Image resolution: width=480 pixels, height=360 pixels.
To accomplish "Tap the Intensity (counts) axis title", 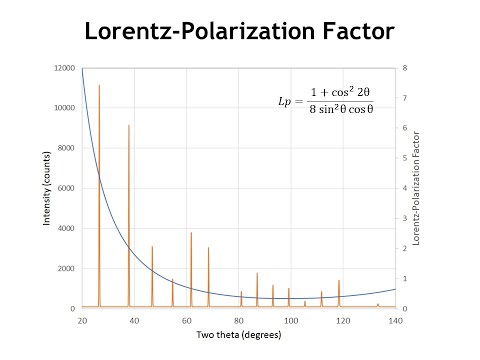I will click(x=46, y=188).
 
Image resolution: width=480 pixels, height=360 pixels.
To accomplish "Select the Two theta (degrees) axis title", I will click(x=238, y=333).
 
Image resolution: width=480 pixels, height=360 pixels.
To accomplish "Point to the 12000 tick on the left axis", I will click(x=63, y=68).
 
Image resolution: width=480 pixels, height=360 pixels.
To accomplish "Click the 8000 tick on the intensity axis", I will click(x=65, y=148).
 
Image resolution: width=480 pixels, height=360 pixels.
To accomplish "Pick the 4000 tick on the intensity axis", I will click(x=65, y=228).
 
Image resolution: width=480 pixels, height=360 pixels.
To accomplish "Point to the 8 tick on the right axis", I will click(x=403, y=68).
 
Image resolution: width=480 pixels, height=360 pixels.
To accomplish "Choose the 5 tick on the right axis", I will click(x=403, y=158).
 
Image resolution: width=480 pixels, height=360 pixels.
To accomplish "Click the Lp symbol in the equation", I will click(x=287, y=103).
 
